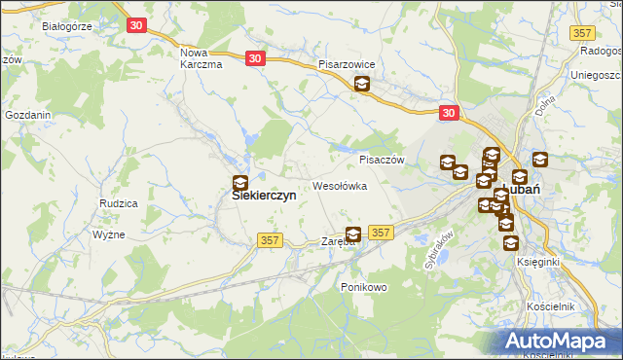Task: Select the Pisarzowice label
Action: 353,64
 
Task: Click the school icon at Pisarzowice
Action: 362,85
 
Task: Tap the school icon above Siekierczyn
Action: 240,181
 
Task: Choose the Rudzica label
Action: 118,202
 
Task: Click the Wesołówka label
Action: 339,185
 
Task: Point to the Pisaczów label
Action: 382,160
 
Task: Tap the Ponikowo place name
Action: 364,287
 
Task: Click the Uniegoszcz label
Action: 596,75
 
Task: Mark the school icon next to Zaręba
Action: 353,234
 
